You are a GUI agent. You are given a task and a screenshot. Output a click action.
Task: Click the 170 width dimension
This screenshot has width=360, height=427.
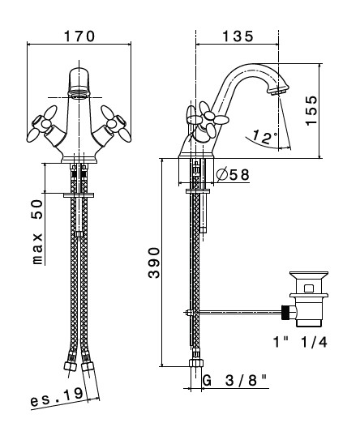[x=79, y=36]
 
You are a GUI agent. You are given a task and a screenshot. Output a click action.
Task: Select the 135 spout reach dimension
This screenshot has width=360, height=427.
[x=238, y=36]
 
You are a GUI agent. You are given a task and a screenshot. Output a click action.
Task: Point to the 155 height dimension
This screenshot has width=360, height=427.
[x=311, y=110]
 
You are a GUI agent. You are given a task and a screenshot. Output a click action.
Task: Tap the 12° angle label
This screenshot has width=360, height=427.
[x=264, y=137]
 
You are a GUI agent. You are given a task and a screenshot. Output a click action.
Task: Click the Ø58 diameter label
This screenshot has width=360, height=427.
[x=233, y=174]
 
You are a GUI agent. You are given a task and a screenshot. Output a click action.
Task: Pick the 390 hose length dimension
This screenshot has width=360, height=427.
[x=154, y=263]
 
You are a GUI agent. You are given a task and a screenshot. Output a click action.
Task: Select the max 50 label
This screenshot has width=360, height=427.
[x=37, y=232]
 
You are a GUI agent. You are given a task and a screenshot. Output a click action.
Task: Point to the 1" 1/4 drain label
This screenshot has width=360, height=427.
[x=300, y=342]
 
